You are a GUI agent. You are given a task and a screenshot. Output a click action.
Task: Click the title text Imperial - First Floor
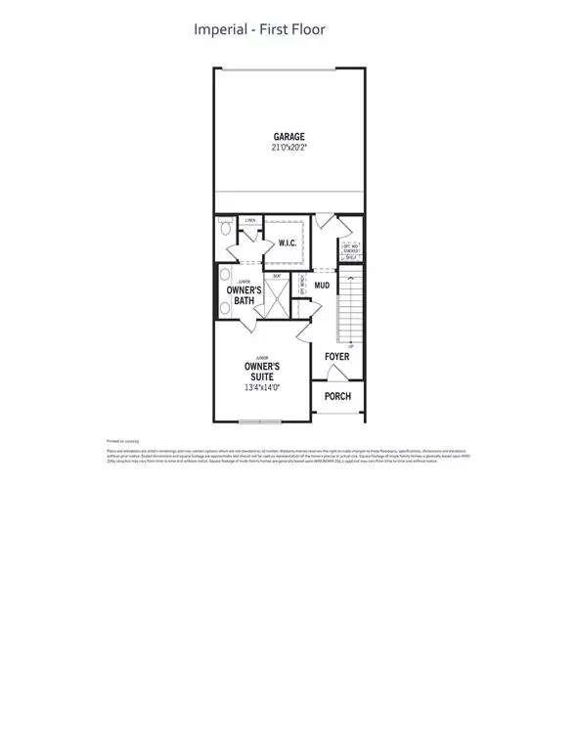pyautogui.click(x=260, y=29)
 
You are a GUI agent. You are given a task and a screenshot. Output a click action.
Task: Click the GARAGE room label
pyautogui.click(x=289, y=136)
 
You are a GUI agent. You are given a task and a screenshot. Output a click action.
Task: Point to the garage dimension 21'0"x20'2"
pyautogui.click(x=289, y=148)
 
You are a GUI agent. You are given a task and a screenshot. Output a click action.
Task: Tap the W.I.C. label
pyautogui.click(x=288, y=243)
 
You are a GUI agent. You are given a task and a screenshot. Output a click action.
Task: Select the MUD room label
pyautogui.click(x=322, y=286)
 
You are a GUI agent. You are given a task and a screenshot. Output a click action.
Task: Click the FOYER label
pyautogui.click(x=336, y=357)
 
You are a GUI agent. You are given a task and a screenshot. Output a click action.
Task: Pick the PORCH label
pyautogui.click(x=337, y=396)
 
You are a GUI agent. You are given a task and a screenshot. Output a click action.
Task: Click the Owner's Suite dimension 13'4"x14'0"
pyautogui.click(x=262, y=388)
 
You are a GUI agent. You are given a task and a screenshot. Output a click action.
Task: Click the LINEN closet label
pyautogui.click(x=250, y=221)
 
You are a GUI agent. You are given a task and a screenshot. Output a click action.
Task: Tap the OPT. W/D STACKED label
pyautogui.click(x=350, y=248)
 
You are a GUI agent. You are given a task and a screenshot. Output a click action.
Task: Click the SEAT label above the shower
pyautogui.click(x=277, y=276)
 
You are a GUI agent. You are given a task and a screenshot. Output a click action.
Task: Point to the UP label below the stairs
pyautogui.click(x=350, y=346)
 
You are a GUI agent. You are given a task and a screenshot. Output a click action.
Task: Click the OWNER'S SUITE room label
pyautogui.click(x=262, y=371)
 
